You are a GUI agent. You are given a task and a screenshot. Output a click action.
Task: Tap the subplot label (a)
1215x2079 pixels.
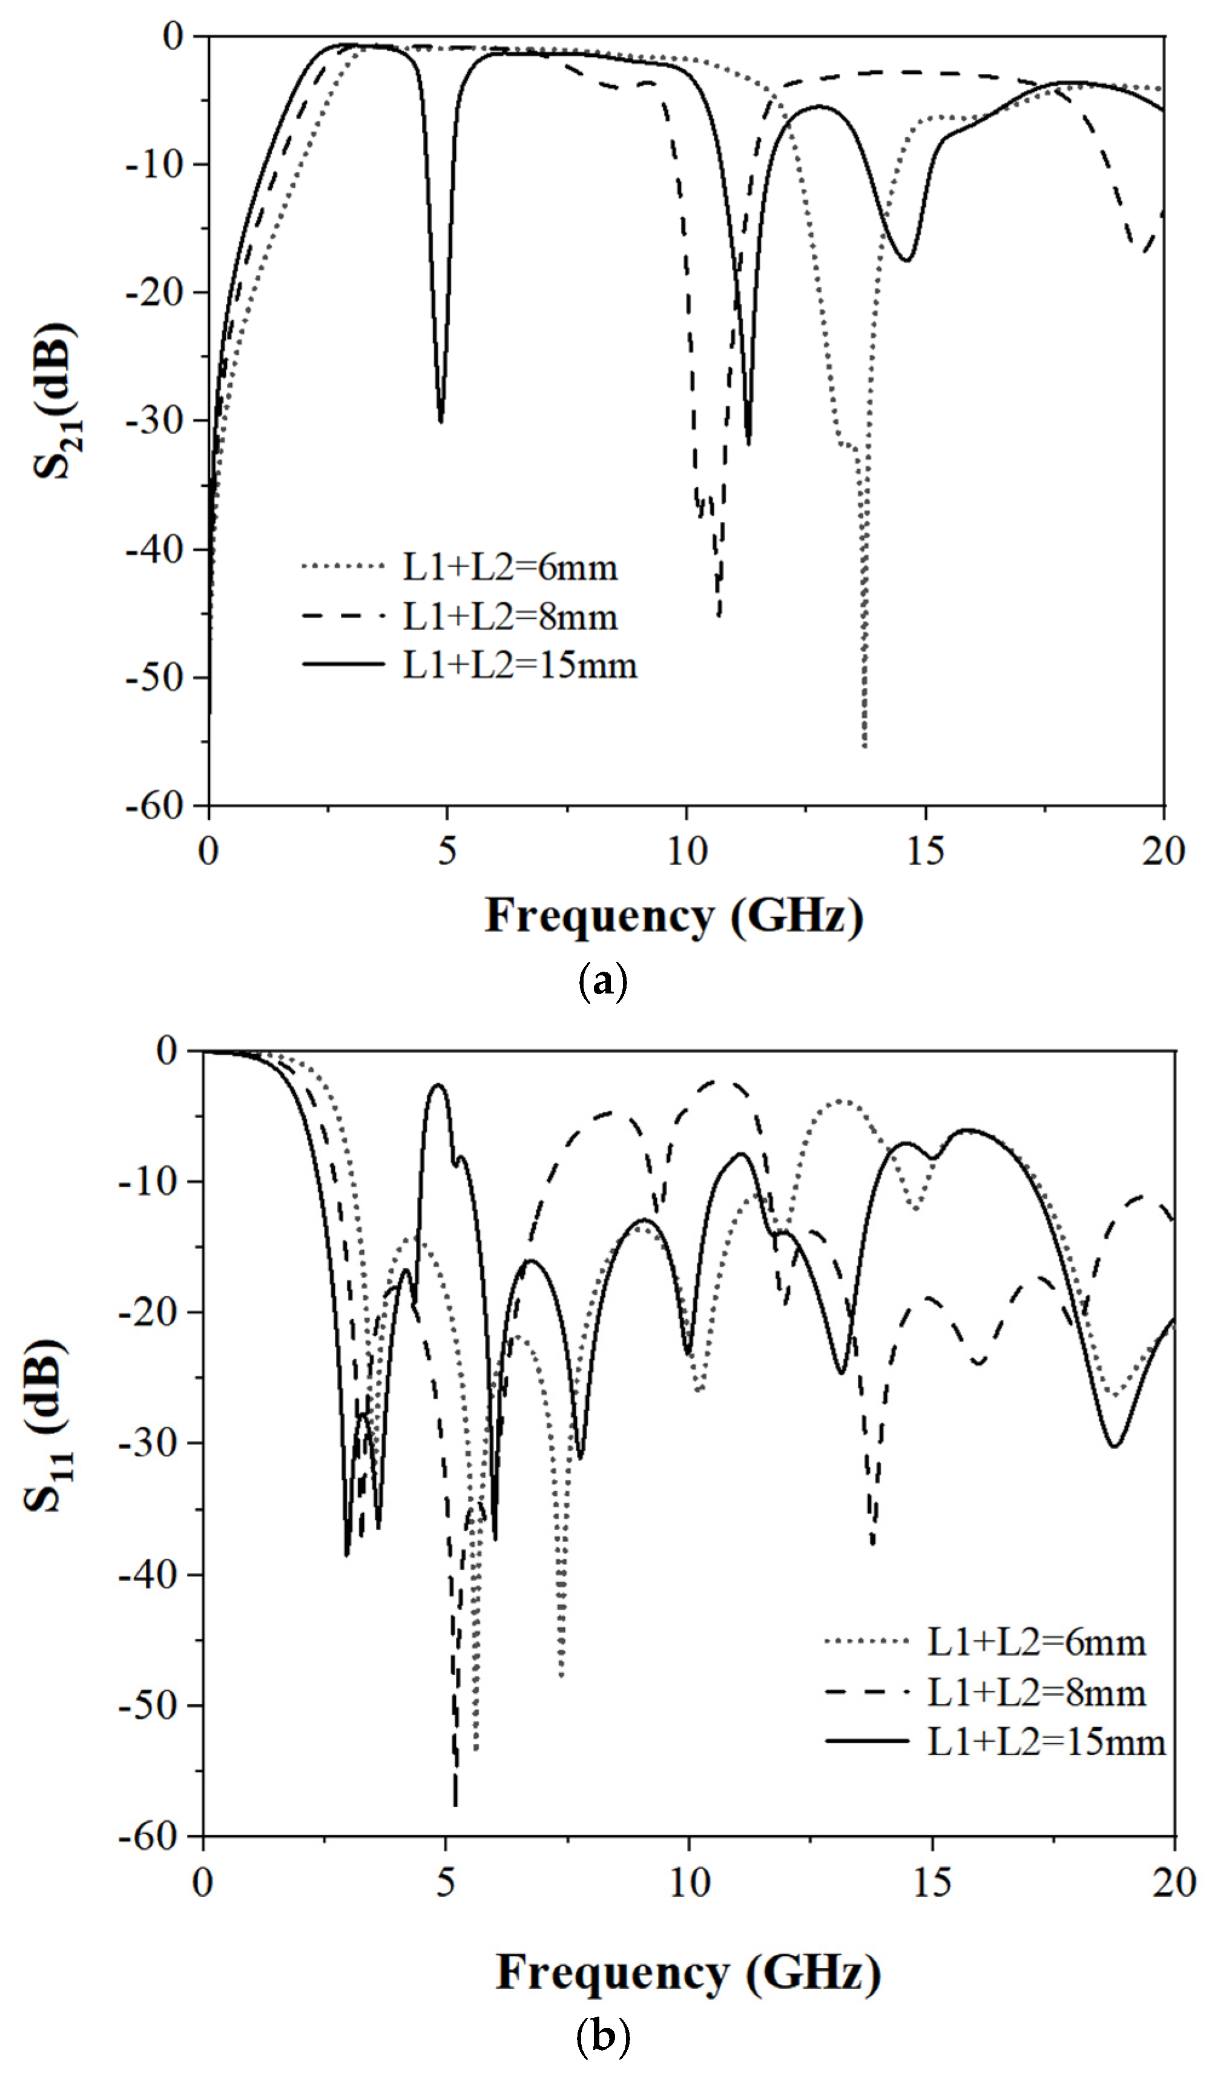point(604,982)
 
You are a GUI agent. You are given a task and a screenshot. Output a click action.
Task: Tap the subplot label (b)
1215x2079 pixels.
point(604,2038)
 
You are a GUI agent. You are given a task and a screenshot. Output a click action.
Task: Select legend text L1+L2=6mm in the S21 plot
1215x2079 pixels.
point(510,568)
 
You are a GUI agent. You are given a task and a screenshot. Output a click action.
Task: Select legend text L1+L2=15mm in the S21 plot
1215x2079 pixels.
point(519,665)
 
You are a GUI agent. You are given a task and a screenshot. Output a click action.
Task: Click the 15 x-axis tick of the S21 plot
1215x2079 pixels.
point(924,851)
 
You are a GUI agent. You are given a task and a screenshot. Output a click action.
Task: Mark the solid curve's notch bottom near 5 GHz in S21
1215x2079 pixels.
point(441,421)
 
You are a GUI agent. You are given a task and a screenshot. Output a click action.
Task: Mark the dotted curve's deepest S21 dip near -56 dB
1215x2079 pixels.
point(864,746)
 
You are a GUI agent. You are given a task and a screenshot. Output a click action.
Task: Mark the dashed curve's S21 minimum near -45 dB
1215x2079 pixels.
point(719,614)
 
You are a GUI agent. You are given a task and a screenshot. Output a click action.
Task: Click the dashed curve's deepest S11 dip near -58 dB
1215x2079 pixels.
point(455,1804)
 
